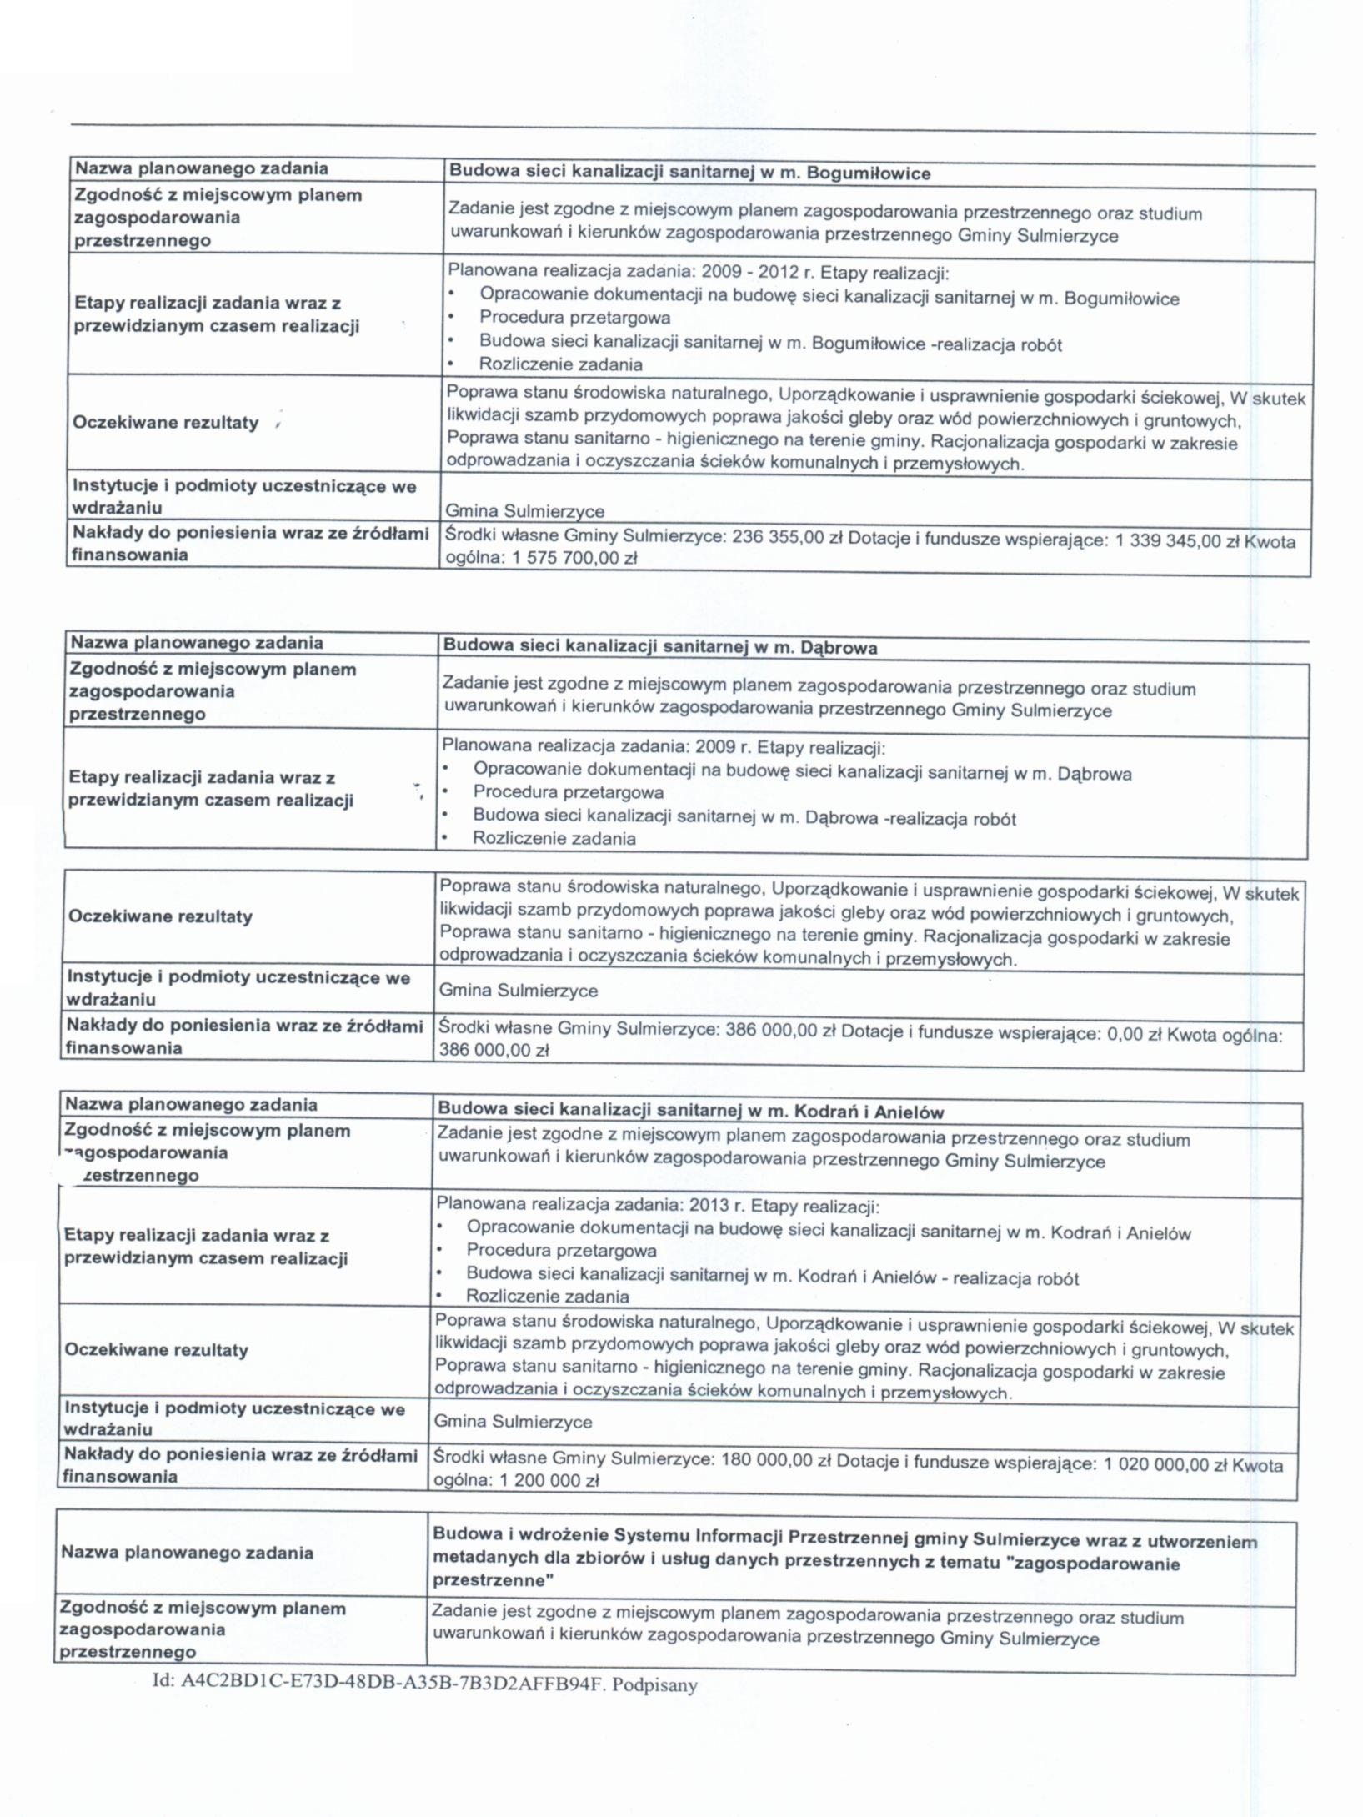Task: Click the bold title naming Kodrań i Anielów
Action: [x=690, y=1111]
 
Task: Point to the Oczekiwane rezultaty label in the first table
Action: [x=165, y=422]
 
